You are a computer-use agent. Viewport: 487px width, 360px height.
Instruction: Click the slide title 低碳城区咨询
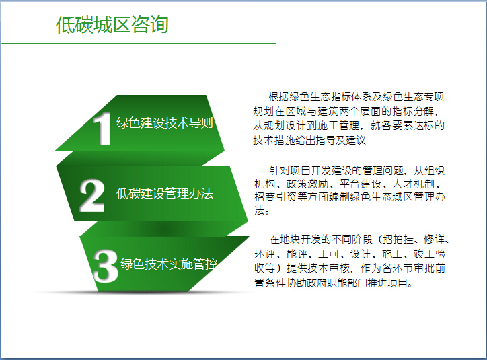tap(112, 24)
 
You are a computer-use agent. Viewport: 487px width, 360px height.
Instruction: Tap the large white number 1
tap(102, 129)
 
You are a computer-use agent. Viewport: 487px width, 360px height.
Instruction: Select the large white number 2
tap(92, 195)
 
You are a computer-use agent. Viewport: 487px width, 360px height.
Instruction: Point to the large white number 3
tap(106, 266)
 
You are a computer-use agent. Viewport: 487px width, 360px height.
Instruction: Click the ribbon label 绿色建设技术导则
tap(165, 123)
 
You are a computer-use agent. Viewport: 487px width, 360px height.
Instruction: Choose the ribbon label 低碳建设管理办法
tap(165, 194)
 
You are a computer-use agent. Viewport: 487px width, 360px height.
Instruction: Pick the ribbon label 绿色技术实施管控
tap(169, 264)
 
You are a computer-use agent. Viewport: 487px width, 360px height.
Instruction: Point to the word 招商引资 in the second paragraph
tap(276, 196)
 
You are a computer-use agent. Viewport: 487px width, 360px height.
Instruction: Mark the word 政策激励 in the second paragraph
tap(307, 184)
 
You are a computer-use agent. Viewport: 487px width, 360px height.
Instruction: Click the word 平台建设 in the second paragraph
tap(361, 184)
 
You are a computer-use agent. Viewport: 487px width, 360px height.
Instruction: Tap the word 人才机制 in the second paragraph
tap(414, 184)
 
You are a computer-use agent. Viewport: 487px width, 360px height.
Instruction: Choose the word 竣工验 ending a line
tap(430, 254)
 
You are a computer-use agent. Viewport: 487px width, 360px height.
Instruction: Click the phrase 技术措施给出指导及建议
tap(309, 141)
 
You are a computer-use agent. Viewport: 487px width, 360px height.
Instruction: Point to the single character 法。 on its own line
tap(262, 211)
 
